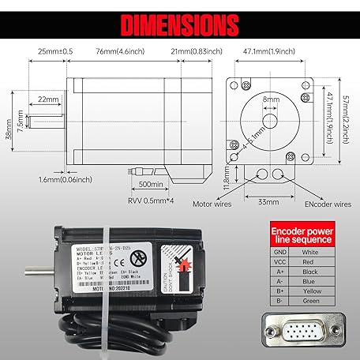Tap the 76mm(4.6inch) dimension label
pyautogui.click(x=102, y=51)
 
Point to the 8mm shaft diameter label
pyautogui.click(x=271, y=99)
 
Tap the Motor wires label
pyautogui.click(x=215, y=203)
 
